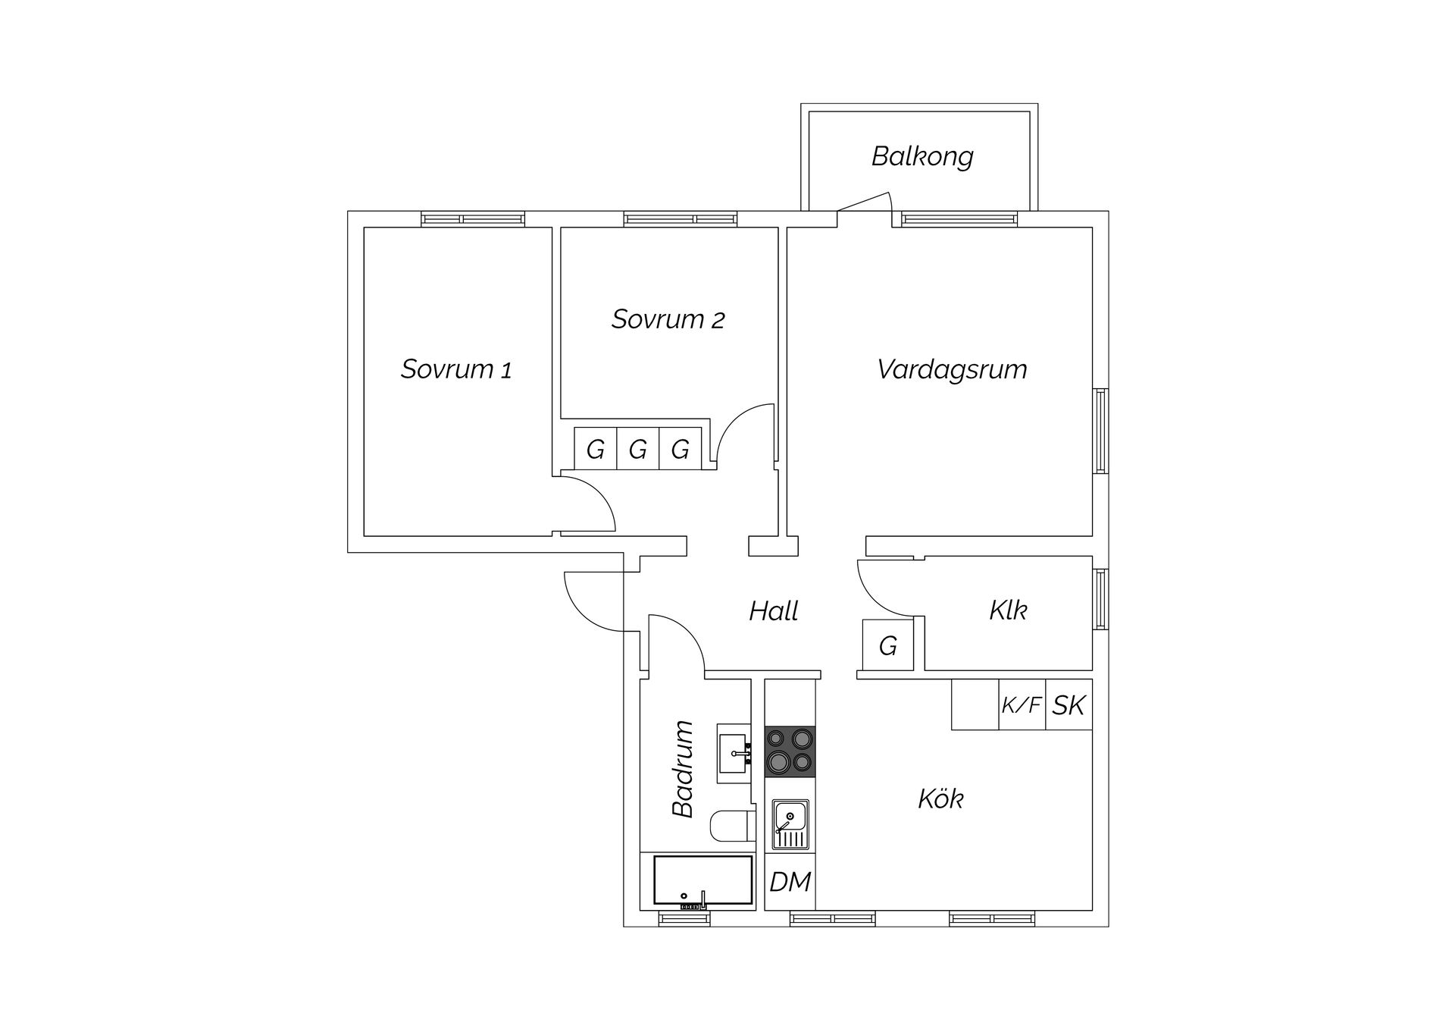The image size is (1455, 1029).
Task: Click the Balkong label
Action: (922, 157)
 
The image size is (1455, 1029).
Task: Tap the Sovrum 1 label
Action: (456, 369)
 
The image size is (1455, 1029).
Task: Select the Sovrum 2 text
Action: (668, 319)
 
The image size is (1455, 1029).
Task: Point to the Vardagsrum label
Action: (952, 370)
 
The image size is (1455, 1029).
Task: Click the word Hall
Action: (774, 611)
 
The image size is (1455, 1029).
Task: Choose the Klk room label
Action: (1008, 610)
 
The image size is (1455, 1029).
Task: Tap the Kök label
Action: (940, 798)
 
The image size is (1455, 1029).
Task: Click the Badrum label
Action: (684, 769)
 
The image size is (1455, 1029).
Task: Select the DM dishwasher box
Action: (790, 881)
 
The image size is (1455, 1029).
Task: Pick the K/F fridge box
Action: (1022, 704)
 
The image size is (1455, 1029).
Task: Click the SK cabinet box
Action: (1069, 704)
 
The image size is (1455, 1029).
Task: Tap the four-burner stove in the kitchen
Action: (790, 751)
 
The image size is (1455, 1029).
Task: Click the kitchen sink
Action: (790, 825)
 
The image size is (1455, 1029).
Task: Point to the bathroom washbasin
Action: (734, 753)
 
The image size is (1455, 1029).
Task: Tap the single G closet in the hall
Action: (888, 645)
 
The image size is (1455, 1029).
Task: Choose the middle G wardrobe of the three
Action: (638, 450)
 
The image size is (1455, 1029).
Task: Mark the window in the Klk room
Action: (1100, 599)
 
